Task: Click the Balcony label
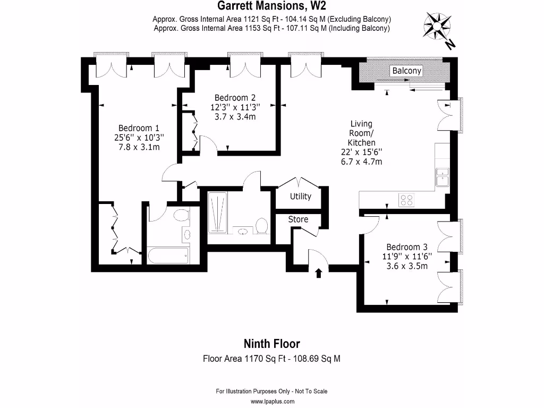pos(406,71)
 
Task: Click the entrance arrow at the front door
pos(318,273)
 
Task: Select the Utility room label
pos(300,197)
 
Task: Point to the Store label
pos(298,219)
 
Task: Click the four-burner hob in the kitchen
pos(406,200)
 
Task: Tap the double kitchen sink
pos(442,177)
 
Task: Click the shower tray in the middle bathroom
pos(217,212)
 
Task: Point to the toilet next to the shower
pos(261,226)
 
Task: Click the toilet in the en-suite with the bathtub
pos(181,216)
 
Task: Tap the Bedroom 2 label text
pos(235,98)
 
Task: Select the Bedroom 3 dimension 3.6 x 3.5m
pos(407,266)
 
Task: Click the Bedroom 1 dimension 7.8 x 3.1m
pos(139,147)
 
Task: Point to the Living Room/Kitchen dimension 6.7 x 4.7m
pos(361,162)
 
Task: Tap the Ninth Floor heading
pos(271,344)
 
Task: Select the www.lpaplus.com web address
pos(272,402)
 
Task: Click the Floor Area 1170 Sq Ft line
pos(271,359)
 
